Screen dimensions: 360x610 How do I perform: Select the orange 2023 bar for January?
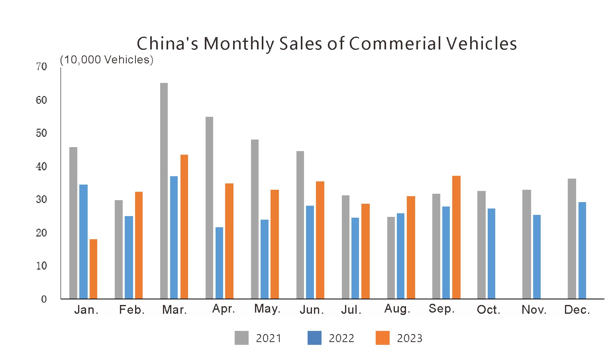(x=93, y=269)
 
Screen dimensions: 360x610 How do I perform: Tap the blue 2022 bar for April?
(x=219, y=263)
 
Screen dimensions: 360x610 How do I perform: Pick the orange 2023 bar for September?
(x=456, y=237)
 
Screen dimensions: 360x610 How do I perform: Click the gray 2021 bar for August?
(x=391, y=258)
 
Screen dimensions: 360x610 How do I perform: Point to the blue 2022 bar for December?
(x=582, y=250)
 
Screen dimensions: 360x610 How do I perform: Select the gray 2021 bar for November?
(x=526, y=244)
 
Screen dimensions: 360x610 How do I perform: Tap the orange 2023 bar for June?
(x=320, y=240)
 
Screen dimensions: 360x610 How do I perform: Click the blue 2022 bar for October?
(x=491, y=254)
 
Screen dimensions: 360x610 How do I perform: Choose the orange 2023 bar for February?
(x=139, y=245)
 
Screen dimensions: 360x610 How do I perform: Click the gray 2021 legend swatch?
(x=241, y=338)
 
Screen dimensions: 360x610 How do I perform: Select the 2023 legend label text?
(x=409, y=338)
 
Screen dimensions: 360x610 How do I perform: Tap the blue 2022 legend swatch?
(x=314, y=338)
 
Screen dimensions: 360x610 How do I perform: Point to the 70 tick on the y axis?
(x=41, y=67)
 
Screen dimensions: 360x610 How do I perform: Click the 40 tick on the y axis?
(x=41, y=167)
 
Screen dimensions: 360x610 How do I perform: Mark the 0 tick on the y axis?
(x=44, y=299)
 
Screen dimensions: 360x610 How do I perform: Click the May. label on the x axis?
(x=267, y=309)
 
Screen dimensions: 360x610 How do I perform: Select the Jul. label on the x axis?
(x=351, y=310)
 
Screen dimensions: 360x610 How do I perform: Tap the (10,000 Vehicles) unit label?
(x=106, y=60)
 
